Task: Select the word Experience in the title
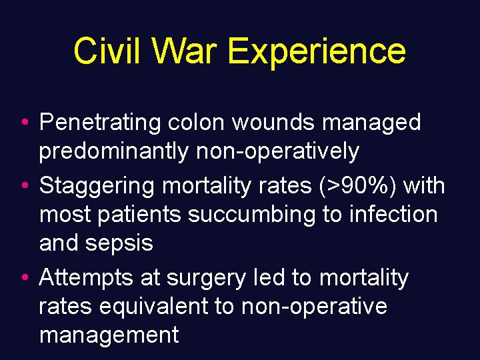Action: pos(316,51)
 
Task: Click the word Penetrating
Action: pos(100,123)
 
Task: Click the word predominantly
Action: pos(114,152)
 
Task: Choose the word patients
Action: pos(143,215)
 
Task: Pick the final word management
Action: pos(109,335)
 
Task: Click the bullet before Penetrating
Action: pos(24,123)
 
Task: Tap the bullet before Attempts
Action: pos(24,277)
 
